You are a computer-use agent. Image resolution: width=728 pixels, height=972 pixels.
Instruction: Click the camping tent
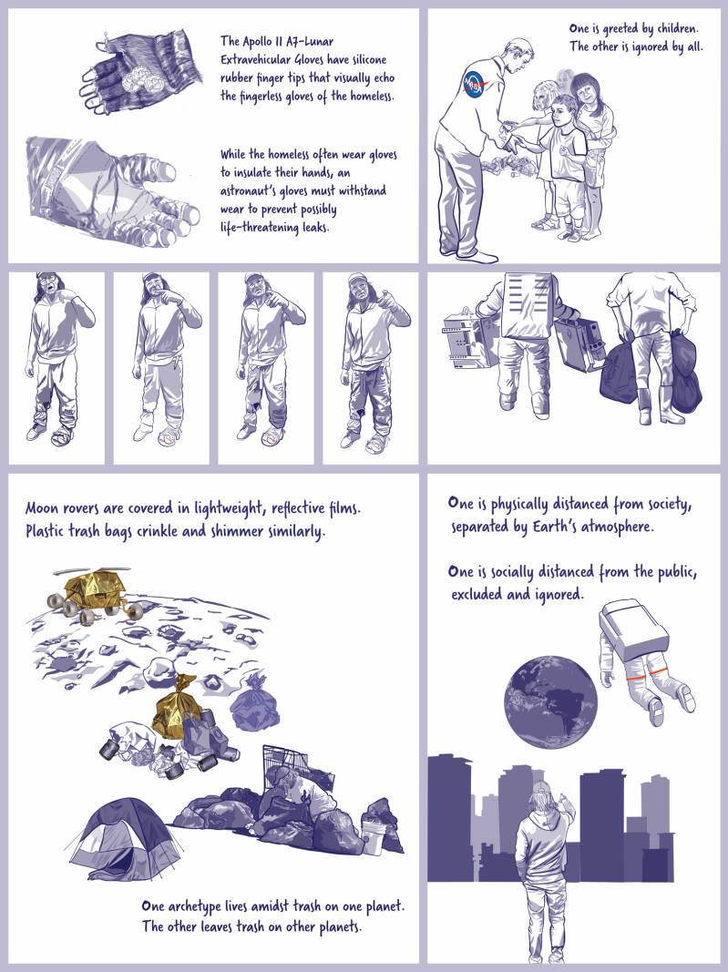pyautogui.click(x=125, y=839)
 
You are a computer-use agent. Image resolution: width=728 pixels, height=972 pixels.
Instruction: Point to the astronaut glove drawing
pyautogui.click(x=112, y=191)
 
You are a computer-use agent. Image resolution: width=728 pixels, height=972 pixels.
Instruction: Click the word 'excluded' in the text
pyautogui.click(x=476, y=595)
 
